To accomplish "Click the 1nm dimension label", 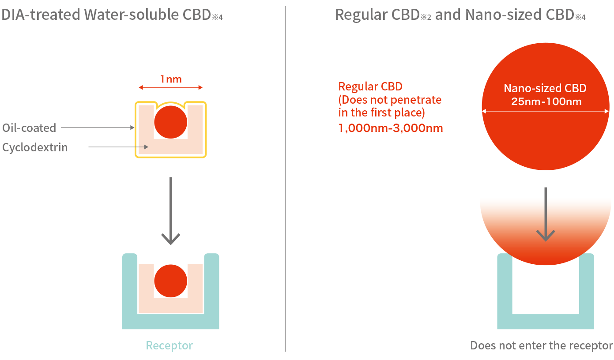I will coord(171,79).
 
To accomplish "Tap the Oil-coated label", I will coord(29,128).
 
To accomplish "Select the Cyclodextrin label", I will coord(35,147).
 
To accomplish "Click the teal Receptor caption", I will coord(170,345).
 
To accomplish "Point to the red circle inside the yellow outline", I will coord(170,122).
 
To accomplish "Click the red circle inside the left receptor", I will coord(170,281).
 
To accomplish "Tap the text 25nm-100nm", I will coord(546,101).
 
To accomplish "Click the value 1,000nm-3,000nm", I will coord(390,128).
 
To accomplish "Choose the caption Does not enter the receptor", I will coord(541,345).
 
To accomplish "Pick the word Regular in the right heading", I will coord(361,15).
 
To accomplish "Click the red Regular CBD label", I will coord(370,86).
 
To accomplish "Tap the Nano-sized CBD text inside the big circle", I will coord(545,88).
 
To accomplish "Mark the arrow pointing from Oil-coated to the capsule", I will coord(97,128).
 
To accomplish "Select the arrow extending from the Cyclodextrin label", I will coord(118,147).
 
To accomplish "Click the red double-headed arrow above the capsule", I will coord(171,88).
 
